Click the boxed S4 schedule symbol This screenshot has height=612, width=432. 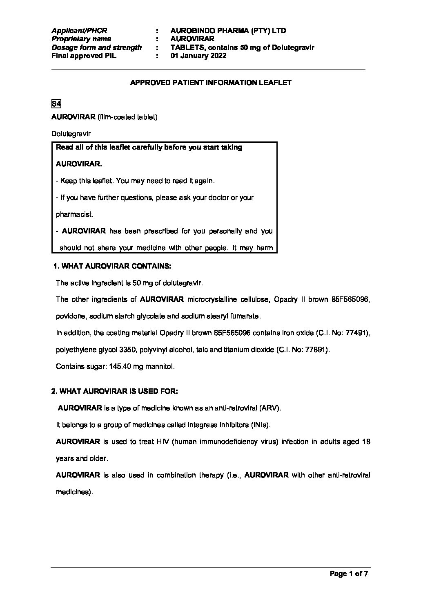(x=56, y=103)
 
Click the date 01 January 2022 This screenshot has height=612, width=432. (x=198, y=56)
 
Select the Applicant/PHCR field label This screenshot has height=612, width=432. (x=79, y=31)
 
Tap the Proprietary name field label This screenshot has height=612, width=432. (x=81, y=39)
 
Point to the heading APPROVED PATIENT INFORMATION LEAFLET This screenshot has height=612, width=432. (x=211, y=83)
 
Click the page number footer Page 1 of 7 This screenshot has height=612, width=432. (x=349, y=574)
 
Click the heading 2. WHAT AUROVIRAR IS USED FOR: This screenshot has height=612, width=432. (x=115, y=391)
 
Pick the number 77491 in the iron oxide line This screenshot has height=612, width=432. (x=356, y=333)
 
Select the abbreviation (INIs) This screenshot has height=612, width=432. (x=260, y=425)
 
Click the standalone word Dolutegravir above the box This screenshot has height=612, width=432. (x=71, y=134)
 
